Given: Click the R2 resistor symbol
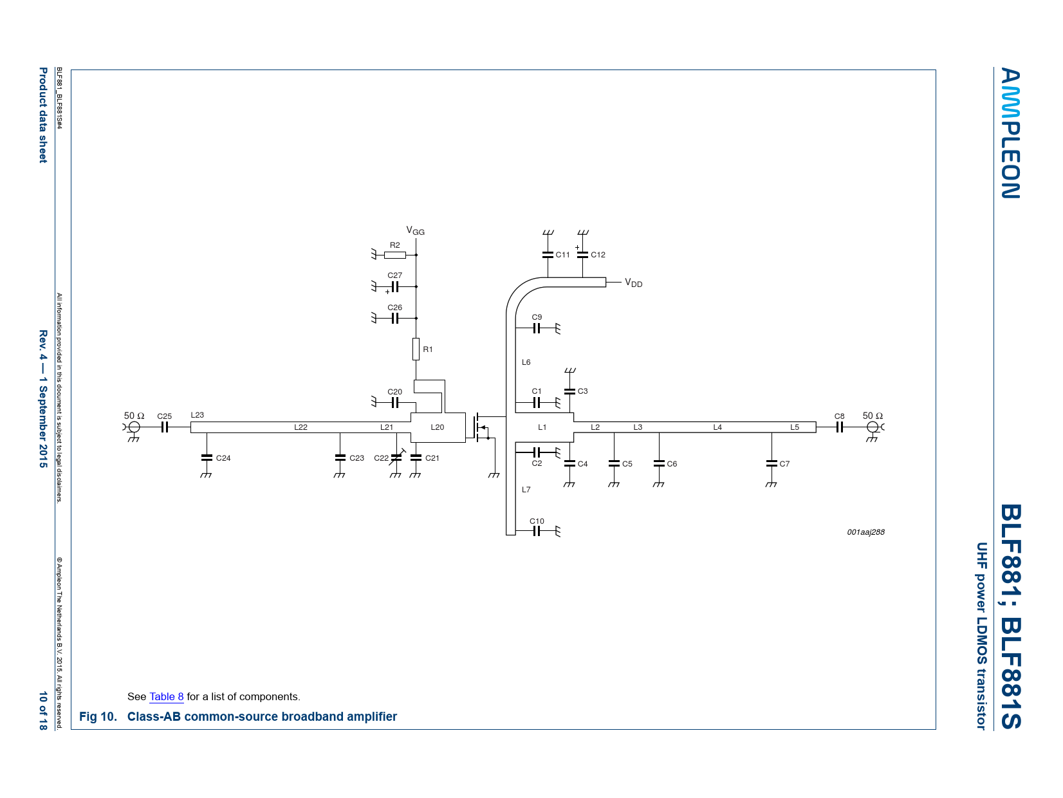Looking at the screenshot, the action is coord(394,255).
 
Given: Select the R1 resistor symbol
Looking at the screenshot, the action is coord(416,349).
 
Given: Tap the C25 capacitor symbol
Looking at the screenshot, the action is coord(165,427).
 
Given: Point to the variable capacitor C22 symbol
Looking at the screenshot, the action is coord(396,457).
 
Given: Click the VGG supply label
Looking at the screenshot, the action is coord(415,230).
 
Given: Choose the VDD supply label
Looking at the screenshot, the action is coord(633,283).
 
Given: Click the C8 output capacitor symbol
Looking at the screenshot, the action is coord(840,427).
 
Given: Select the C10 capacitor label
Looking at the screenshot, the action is coord(537,521).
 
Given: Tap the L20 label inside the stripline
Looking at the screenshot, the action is coord(438,427).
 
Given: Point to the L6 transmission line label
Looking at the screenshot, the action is coord(526,362).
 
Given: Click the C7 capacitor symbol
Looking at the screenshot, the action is coord(772,463).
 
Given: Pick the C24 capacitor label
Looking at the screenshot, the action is coord(223,458).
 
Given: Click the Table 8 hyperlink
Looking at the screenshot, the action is coord(167,696).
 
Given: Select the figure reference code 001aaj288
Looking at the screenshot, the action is coord(865,532).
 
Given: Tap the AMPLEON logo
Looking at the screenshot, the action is coord(1010,133).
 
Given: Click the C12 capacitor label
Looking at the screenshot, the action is coord(598,255).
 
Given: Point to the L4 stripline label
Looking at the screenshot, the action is coord(717,427).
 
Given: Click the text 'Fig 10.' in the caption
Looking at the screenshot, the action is coord(98,717).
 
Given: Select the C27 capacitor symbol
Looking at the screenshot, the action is coord(395,286).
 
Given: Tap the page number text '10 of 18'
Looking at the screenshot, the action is coord(43,710).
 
